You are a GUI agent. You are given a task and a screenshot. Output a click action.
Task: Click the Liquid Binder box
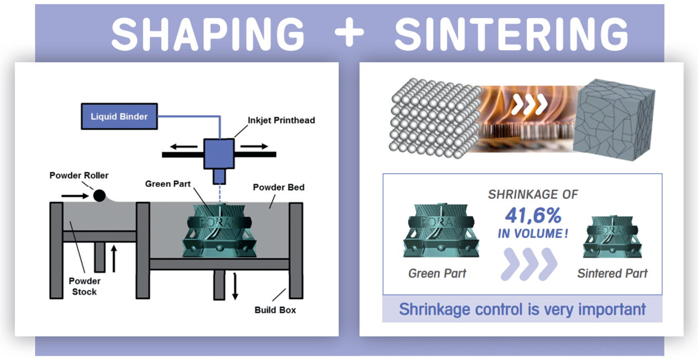tap(119, 116)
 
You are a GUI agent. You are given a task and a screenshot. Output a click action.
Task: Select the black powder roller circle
tap(99, 196)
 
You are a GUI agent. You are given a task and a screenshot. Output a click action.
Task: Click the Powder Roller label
tap(79, 176)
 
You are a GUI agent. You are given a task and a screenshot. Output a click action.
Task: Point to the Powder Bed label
tap(278, 187)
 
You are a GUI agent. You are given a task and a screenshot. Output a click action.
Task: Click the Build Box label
tap(275, 310)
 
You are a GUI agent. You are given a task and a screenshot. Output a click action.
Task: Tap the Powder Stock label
tap(84, 286)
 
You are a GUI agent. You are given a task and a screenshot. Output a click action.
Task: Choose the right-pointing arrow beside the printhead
tap(254, 147)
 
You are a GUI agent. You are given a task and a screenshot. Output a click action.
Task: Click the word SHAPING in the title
tap(208, 34)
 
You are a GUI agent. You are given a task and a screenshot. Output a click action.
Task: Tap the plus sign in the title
tap(350, 32)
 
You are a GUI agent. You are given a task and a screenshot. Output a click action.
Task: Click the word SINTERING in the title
tap(511, 34)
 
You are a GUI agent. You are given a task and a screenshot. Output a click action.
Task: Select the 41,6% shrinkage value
tap(533, 215)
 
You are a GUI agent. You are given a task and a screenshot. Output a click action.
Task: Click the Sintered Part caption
tap(612, 273)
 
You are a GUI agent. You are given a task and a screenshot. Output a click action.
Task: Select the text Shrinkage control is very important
tap(522, 309)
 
